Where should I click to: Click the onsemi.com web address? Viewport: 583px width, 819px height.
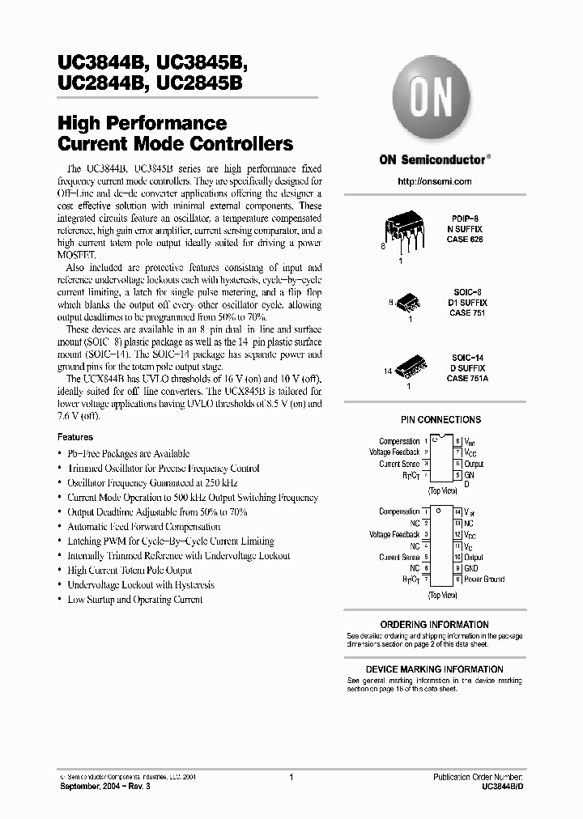(x=435, y=181)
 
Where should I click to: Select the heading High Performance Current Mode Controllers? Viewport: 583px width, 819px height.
(x=176, y=134)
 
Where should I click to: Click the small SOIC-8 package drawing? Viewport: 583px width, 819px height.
(x=403, y=304)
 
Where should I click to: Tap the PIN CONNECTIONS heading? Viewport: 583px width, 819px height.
(x=440, y=419)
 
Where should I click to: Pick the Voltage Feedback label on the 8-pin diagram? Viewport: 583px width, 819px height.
(x=394, y=452)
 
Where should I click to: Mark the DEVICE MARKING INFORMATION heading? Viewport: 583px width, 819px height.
(x=434, y=669)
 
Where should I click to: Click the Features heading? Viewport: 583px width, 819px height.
(x=75, y=437)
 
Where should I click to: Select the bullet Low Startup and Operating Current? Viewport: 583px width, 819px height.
(x=134, y=600)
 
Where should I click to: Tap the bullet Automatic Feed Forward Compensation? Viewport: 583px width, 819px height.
(x=143, y=527)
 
